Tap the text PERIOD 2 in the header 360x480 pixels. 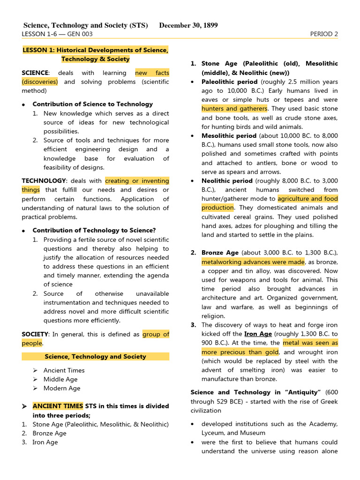[x=324, y=34]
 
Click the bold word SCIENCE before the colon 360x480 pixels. [x=35, y=73]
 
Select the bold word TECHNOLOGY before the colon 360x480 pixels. [x=44, y=180]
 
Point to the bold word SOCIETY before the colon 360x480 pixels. [x=35, y=334]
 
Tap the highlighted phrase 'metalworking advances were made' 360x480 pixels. [x=253, y=262]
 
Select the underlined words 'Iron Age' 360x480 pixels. [x=258, y=334]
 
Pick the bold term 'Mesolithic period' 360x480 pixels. [x=229, y=136]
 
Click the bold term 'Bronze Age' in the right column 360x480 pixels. [x=220, y=253]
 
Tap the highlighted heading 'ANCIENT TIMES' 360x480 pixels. [x=58, y=406]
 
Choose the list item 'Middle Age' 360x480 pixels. [x=60, y=379]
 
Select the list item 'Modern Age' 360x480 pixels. [x=62, y=388]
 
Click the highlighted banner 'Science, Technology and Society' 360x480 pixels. [x=95, y=357]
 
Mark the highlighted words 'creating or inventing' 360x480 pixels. [x=137, y=180]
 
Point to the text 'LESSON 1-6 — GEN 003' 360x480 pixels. [x=57, y=34]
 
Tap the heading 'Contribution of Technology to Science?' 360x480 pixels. [x=94, y=230]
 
